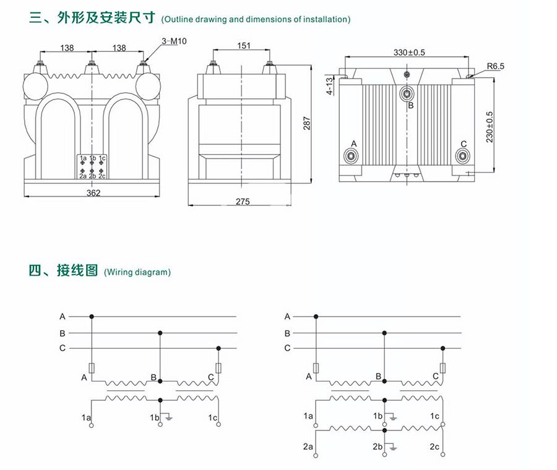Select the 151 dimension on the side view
(244, 45)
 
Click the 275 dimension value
(243, 202)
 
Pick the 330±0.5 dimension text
(409, 53)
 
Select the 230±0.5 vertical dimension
(490, 127)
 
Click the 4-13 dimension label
(330, 85)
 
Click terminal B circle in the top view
(407, 93)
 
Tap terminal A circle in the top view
(352, 155)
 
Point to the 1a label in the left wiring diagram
(86, 418)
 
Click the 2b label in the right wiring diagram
(378, 446)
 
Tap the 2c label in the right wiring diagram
(434, 446)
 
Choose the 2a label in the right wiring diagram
(308, 446)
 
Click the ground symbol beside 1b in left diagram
(169, 418)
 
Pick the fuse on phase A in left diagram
(92, 369)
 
